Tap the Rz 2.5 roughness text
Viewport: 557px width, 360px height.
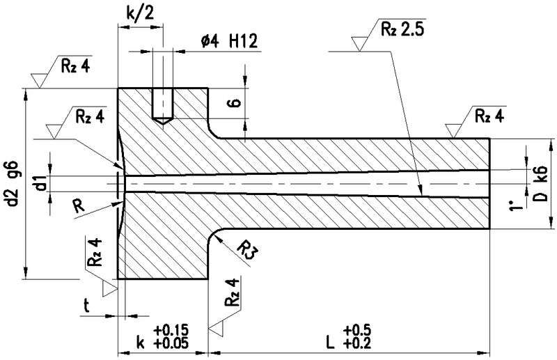point(403,29)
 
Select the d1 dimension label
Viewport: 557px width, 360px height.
point(41,184)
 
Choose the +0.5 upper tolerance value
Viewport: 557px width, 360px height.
point(356,329)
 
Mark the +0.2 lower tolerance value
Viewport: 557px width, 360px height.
point(356,343)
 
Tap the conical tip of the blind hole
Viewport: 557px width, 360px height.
point(162,122)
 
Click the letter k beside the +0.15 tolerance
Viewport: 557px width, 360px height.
point(141,343)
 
